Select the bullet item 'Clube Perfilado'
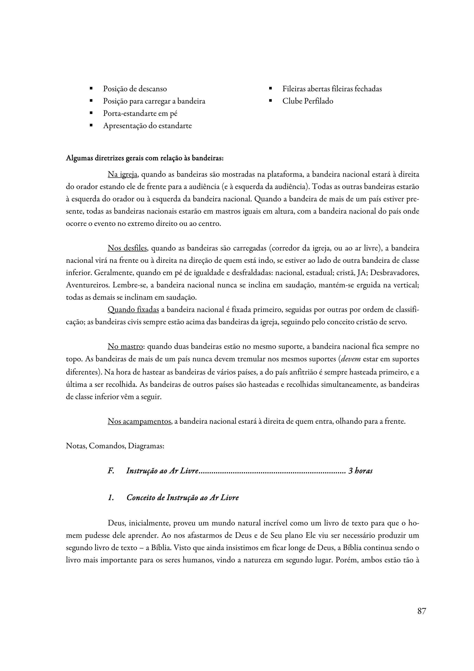coord(308,101)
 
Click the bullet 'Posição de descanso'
coord(135,89)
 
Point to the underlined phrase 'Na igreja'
coord(122,175)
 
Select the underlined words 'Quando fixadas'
coord(133,310)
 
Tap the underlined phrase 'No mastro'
coord(125,347)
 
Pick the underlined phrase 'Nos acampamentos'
coord(139,421)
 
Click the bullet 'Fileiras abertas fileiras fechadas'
coord(332,89)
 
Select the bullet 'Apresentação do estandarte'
coord(147,126)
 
